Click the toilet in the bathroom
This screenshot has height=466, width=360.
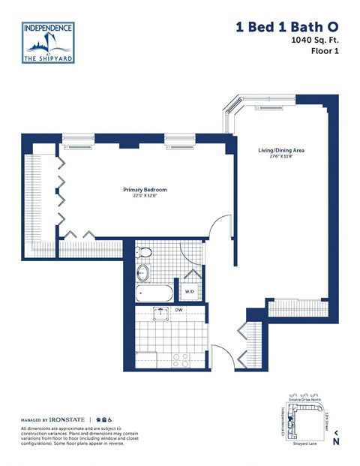145,251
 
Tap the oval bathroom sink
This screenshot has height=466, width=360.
142,272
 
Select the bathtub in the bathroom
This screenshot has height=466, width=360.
154,293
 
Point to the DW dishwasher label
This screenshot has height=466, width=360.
179,309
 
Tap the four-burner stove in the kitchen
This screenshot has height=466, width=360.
179,359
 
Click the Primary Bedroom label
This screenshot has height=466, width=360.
145,190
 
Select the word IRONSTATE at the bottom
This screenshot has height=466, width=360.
67,419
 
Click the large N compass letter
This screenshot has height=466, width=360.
336,441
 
